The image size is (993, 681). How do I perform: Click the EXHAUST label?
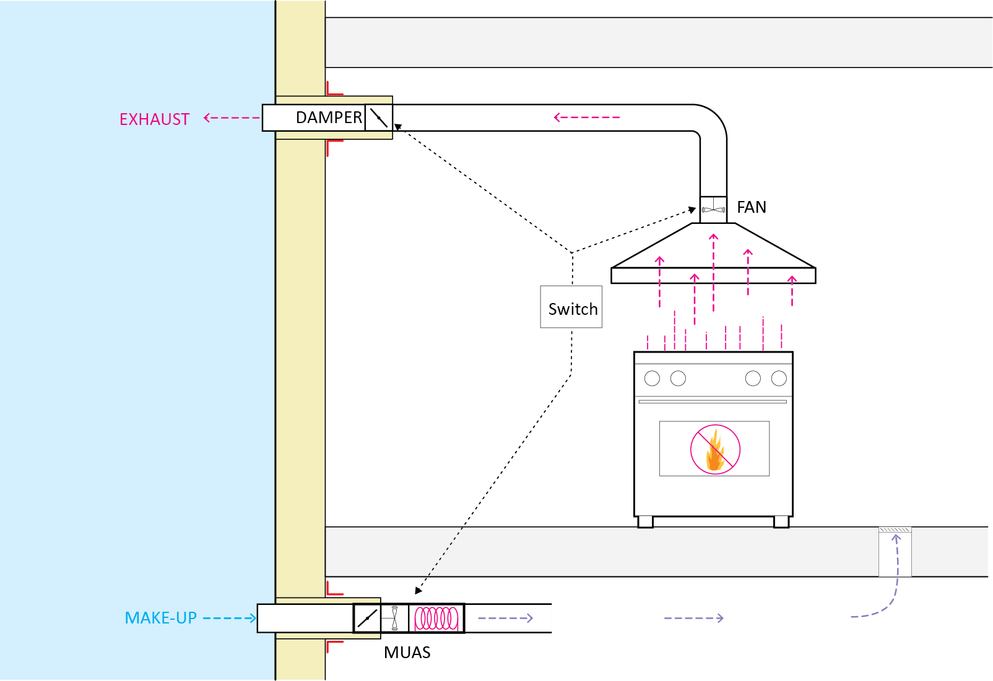point(154,119)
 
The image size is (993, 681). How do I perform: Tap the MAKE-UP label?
point(160,618)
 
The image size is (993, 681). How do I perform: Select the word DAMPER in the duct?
point(329,118)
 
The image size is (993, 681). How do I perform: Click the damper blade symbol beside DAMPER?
point(378,118)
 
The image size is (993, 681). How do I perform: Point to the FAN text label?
point(751,207)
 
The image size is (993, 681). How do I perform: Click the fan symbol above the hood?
point(713,210)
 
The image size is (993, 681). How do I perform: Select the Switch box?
point(571,307)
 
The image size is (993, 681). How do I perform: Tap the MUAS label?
point(407,653)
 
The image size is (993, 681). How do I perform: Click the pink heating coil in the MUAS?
point(436,618)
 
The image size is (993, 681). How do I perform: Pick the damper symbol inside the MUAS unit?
point(367,618)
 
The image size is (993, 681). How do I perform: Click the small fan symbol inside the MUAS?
point(394,618)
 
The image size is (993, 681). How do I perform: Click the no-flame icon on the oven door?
point(715,450)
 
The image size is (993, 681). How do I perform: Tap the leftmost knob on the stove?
point(652,379)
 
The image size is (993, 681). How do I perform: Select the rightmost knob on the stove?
point(779,379)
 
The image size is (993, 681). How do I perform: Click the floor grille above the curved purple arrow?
point(895,530)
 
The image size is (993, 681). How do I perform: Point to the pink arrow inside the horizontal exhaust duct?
point(586,117)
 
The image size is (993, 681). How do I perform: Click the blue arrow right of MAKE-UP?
point(229,618)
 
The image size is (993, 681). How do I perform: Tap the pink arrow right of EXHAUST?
point(231,118)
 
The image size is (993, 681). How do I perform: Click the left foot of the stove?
point(645,522)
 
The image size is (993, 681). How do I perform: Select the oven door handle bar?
point(713,401)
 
